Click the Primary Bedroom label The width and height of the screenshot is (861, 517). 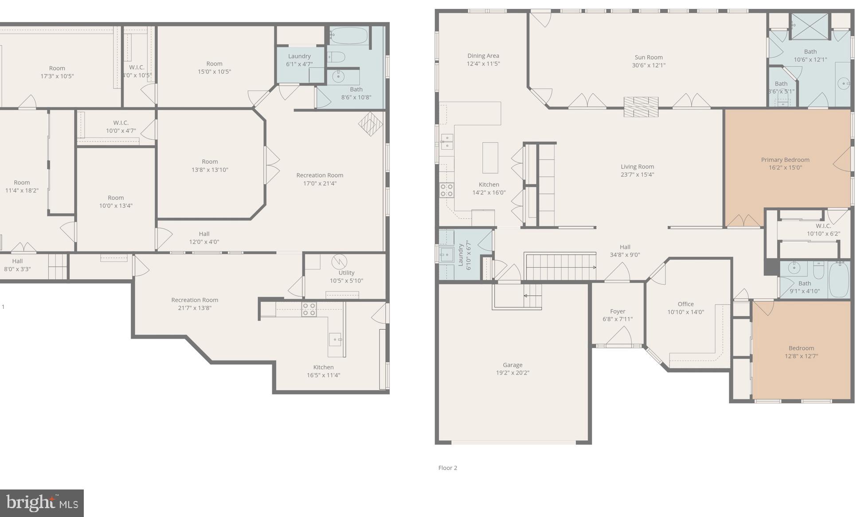[785, 160]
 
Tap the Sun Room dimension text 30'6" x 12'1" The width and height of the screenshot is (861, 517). [648, 65]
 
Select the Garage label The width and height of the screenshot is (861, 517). [512, 365]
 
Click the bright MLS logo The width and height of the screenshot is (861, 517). [42, 503]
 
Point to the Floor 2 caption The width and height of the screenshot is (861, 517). [447, 468]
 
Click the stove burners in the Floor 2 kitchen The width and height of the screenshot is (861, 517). [446, 190]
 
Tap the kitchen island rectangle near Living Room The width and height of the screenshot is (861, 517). [490, 158]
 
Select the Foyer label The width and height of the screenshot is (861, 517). [617, 312]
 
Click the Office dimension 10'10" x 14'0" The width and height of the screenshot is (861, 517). [685, 312]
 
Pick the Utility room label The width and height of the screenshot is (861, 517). [346, 273]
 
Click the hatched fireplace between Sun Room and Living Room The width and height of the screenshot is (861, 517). [641, 107]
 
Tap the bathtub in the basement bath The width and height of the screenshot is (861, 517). [349, 36]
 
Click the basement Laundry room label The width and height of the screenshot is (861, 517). [299, 56]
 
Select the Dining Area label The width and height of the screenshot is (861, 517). [483, 56]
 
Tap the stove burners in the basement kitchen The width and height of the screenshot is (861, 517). [309, 309]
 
